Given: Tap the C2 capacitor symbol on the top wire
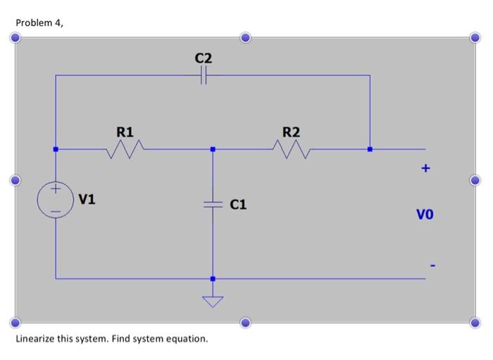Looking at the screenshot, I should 203,75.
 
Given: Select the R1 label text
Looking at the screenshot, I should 125,131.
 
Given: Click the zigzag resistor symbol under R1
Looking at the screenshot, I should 125,149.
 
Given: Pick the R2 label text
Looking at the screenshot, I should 291,131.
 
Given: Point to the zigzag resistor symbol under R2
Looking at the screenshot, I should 291,149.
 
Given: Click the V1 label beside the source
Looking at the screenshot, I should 87,199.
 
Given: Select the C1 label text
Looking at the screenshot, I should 238,204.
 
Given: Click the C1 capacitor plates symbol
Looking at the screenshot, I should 212,204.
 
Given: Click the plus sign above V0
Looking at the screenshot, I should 425,169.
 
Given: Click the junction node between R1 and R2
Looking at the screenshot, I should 212,149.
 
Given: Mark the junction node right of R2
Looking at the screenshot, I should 370,149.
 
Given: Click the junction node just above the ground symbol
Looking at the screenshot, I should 212,279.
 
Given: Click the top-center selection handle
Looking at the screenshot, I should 244,37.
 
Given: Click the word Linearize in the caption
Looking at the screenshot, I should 35,339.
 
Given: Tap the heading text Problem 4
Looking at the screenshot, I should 39,23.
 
